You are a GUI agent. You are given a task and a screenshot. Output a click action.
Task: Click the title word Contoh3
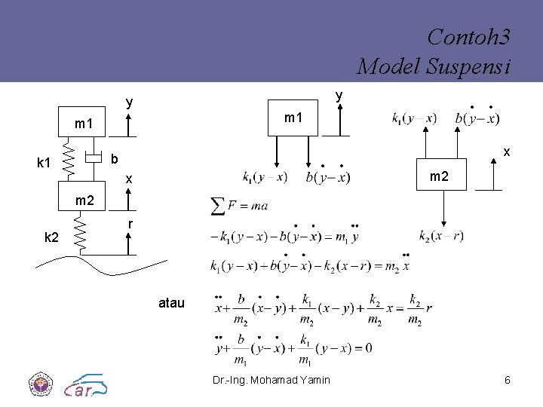point(468,37)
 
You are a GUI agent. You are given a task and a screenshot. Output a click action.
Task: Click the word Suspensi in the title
point(475,66)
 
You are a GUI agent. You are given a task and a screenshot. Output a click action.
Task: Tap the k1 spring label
point(44,163)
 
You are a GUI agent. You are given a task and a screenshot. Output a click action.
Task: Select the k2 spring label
point(51,237)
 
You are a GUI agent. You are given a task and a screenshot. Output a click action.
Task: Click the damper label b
point(113,159)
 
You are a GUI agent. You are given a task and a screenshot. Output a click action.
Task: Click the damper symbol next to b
point(93,158)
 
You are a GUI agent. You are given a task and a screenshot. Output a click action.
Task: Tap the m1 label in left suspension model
point(83,123)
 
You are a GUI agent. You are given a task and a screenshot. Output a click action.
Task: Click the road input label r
point(130,224)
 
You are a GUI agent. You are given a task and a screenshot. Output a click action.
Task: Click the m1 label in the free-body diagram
point(293,118)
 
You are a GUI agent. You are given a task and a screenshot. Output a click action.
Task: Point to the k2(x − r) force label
point(441,236)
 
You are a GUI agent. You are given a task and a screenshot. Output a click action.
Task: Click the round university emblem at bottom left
point(38,384)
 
